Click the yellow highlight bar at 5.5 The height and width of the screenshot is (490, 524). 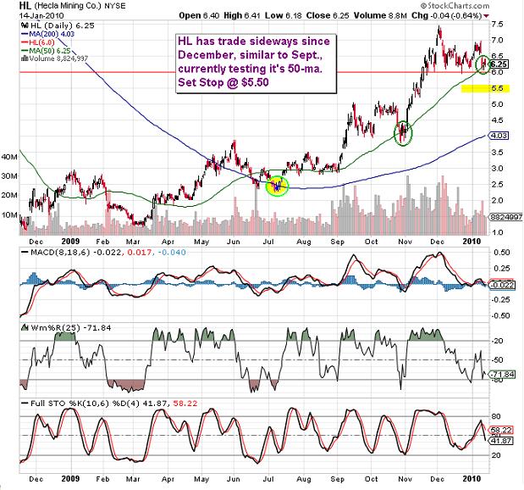pyautogui.click(x=472, y=88)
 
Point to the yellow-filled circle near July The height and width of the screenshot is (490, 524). pyautogui.click(x=276, y=184)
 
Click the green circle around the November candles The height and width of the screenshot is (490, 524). pyautogui.click(x=403, y=132)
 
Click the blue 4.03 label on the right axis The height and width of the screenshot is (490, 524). pyautogui.click(x=499, y=135)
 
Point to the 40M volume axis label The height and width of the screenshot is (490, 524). pyautogui.click(x=9, y=157)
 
